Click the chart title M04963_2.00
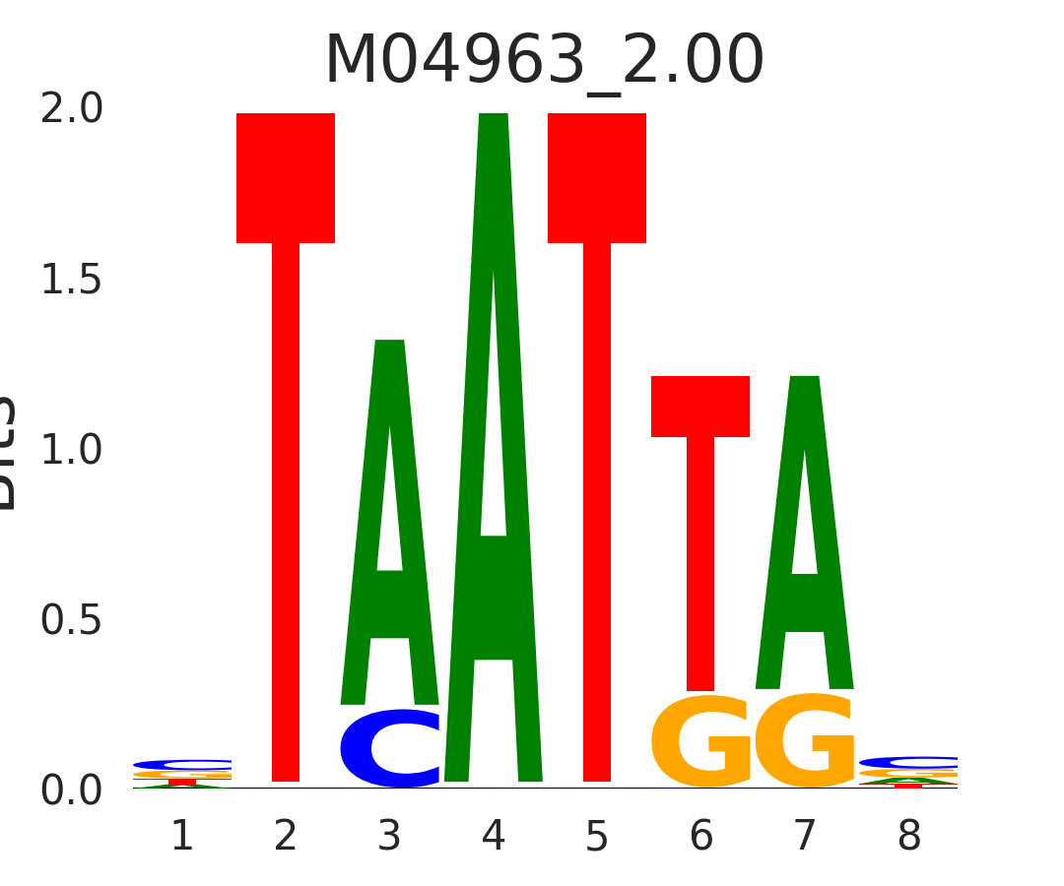tap(544, 61)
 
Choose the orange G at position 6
tap(699, 742)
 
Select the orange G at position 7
tap(805, 742)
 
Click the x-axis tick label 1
tap(182, 837)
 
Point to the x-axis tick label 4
tap(494, 837)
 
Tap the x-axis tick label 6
tap(700, 837)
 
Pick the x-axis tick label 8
tap(908, 837)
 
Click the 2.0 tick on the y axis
tap(72, 109)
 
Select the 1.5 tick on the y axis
tap(72, 281)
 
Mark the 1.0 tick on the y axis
tap(72, 451)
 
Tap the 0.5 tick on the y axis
tap(72, 621)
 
